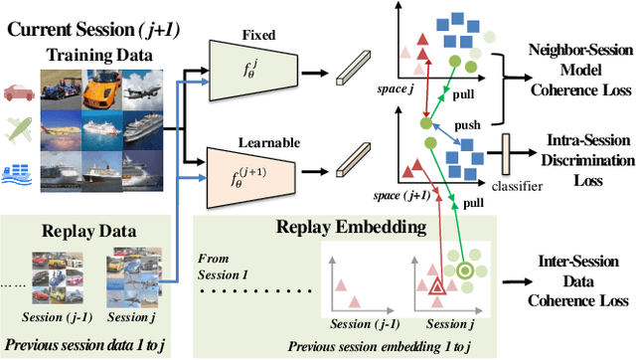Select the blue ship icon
click(19, 171)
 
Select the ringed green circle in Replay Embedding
click(464, 270)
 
